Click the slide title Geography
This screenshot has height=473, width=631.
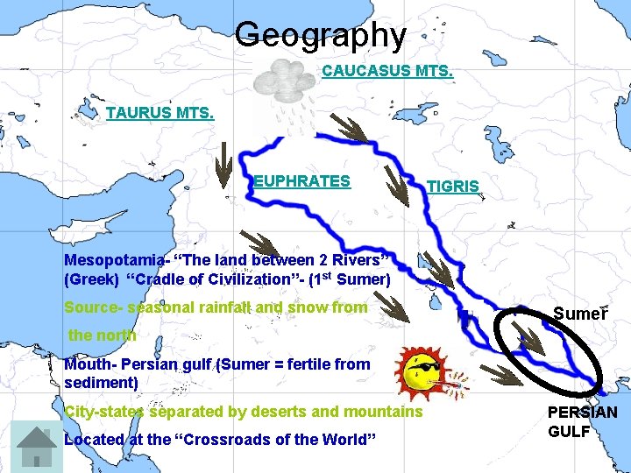click(x=321, y=36)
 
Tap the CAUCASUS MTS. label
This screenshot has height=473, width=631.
click(x=387, y=70)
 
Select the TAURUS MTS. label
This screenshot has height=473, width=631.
click(x=160, y=113)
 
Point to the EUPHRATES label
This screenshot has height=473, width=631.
click(x=302, y=181)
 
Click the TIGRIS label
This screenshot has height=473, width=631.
click(x=452, y=187)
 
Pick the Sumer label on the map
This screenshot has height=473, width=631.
click(x=579, y=314)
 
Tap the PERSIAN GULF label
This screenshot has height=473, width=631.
click(x=582, y=421)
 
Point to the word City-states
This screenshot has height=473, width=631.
click(x=105, y=412)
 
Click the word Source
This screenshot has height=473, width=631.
click(x=91, y=307)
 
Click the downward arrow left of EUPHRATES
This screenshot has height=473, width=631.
click(x=225, y=165)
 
